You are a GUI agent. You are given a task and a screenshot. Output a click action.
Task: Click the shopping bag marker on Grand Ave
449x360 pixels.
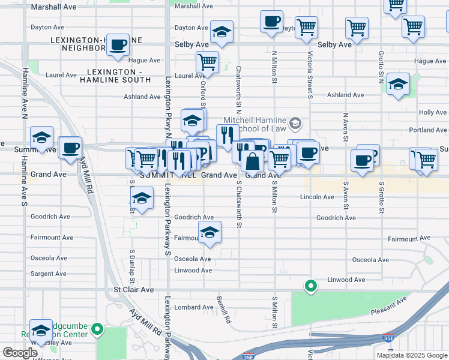point(253,161)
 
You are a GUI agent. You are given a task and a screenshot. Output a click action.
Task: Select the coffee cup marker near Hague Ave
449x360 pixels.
point(118,44)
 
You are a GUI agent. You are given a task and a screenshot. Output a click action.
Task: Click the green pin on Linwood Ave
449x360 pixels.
point(310,286)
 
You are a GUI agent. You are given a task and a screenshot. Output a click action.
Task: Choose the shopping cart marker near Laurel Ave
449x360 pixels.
point(207,61)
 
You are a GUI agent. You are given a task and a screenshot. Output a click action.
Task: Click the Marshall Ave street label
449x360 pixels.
point(53,7)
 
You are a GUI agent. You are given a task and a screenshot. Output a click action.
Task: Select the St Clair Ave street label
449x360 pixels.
point(133,290)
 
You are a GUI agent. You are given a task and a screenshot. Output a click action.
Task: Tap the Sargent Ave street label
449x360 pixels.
point(49,274)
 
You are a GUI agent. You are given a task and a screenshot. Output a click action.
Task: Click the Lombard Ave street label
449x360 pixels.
point(194,307)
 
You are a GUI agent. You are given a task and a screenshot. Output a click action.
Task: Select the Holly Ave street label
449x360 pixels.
point(433,112)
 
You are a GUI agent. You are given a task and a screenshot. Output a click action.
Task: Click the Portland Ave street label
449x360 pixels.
point(428,130)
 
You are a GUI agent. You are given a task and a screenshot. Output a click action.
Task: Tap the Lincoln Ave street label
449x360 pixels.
point(316,197)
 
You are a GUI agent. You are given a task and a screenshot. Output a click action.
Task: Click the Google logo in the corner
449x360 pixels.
point(20,353)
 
